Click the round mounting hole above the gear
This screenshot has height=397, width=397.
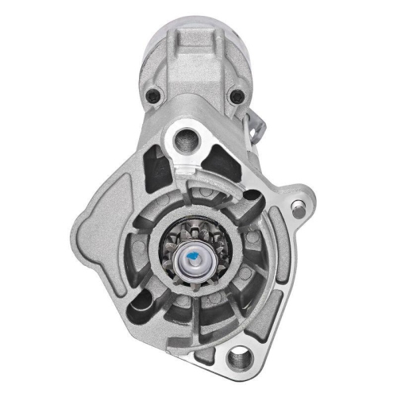click(190, 136)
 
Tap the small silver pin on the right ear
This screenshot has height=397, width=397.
click(297, 210)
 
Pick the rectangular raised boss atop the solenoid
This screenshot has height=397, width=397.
click(195, 40)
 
